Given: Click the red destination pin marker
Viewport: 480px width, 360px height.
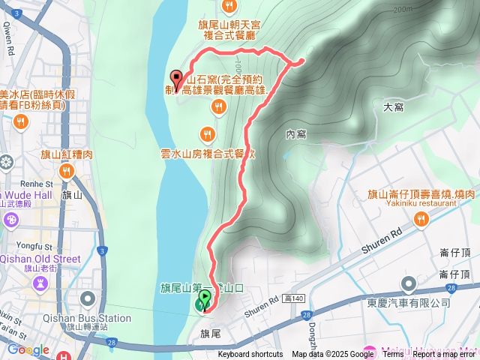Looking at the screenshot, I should [x=177, y=79].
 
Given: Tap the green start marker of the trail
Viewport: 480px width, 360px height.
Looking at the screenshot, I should [x=202, y=304].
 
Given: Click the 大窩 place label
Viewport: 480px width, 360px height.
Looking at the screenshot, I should [x=394, y=107].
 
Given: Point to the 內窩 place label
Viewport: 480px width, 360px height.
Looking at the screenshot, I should [x=296, y=134].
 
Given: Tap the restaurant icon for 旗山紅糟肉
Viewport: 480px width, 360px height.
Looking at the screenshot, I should [x=67, y=172].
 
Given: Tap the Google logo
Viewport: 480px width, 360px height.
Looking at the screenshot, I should [x=28, y=349].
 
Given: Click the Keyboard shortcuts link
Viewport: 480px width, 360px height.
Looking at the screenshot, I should [x=250, y=355].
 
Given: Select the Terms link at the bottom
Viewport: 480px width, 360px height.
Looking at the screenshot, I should [x=393, y=355].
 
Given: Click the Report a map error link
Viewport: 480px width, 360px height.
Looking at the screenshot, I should [x=444, y=355].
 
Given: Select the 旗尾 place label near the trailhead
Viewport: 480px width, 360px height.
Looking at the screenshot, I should [x=211, y=332].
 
